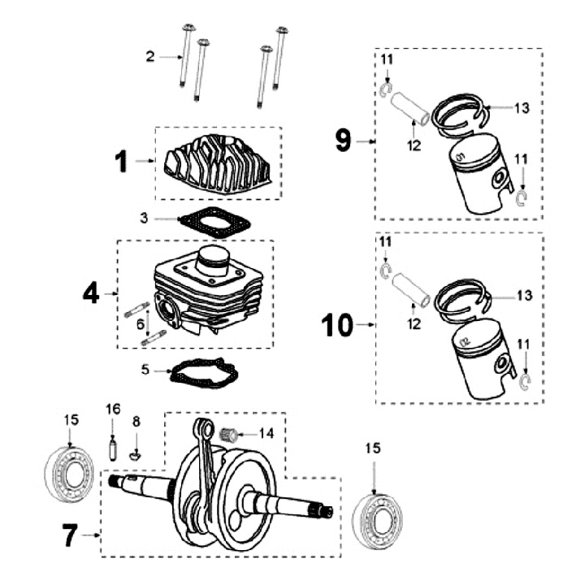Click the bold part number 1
[121, 162]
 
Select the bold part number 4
[91, 293]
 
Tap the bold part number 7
[71, 535]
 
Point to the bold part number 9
[344, 141]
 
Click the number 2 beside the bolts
[149, 56]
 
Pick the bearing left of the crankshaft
[71, 473]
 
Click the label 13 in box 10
[523, 295]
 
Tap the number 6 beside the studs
[140, 323]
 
